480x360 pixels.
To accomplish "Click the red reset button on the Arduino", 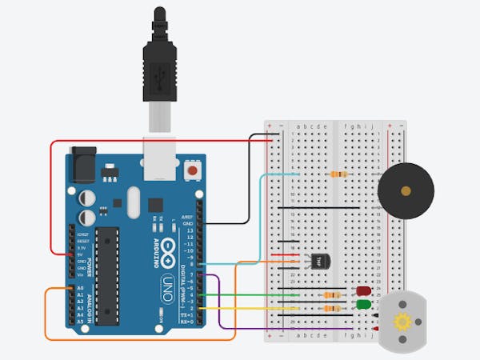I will tap(192, 170).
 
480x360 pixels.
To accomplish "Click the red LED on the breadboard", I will tap(363, 291).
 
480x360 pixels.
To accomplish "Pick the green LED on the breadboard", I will tap(363, 305).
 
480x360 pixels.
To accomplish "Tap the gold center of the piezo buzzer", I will tap(406, 191).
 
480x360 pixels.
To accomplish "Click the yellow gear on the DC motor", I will tap(399, 322).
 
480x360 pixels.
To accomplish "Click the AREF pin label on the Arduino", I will tap(187, 217).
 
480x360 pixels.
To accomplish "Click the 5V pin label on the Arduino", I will tap(79, 255).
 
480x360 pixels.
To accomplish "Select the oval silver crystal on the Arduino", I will tap(132, 202).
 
